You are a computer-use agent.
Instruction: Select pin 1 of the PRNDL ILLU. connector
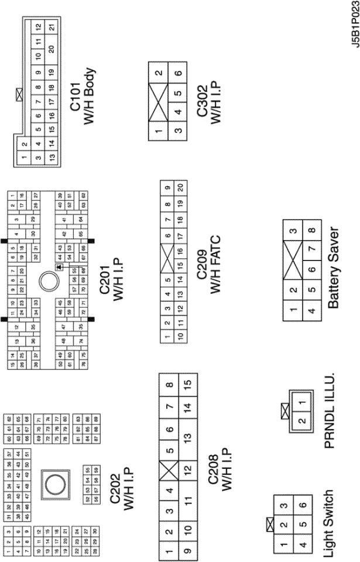pyautogui.click(x=302, y=403)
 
